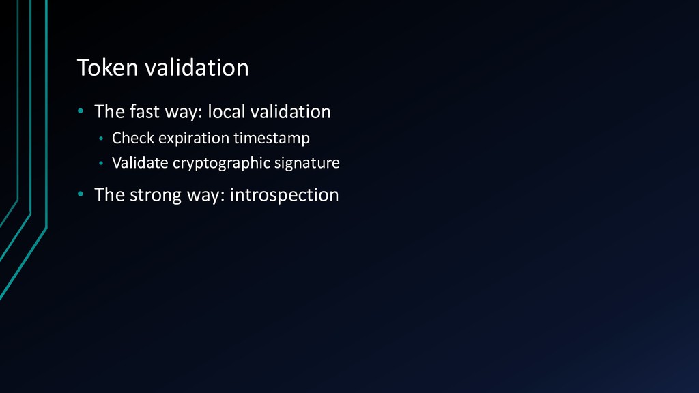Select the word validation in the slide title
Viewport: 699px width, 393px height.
[x=197, y=68]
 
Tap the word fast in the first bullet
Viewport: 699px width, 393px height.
[x=145, y=111]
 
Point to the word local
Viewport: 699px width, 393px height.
[x=227, y=111]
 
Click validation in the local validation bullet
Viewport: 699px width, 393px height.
[x=290, y=111]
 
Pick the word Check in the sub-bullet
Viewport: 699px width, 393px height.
[x=133, y=138]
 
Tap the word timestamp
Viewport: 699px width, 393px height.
[x=272, y=139]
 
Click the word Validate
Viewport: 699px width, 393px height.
[x=140, y=162]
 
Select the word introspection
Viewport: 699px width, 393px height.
[x=284, y=195]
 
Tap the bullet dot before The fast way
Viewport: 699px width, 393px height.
[x=81, y=111]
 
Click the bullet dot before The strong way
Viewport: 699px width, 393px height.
[x=81, y=194]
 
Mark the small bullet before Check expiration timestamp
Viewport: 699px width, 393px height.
[x=101, y=139]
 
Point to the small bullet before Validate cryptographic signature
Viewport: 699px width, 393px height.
[x=101, y=164]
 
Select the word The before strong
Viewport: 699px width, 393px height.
[x=110, y=194]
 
